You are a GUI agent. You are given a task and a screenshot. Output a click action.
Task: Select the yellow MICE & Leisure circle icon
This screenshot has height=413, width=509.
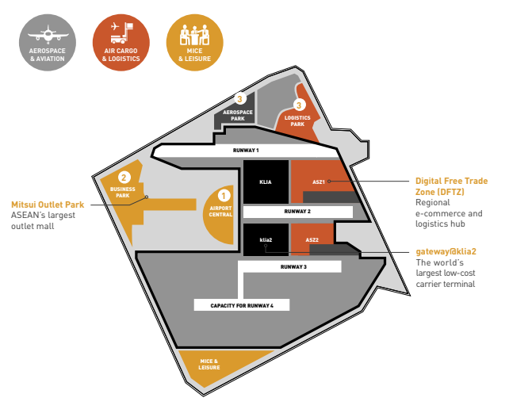[194, 43]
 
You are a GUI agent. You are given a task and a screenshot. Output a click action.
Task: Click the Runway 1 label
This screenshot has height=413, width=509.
[246, 149]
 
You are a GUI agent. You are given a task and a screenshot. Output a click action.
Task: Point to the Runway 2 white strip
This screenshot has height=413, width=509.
[297, 212]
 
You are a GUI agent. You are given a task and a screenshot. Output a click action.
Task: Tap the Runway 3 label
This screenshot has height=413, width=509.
[293, 267]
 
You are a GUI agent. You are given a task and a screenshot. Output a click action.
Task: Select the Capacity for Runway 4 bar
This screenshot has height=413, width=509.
[242, 304]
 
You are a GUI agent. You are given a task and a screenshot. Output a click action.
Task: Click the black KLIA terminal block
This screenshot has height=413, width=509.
[266, 182]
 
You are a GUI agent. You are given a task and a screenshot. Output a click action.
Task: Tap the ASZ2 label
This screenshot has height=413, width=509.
[312, 239]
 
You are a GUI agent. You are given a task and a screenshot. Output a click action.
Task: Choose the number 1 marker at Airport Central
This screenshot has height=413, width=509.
[224, 195]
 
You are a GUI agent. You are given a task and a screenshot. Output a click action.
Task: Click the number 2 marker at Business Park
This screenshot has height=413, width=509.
[124, 177]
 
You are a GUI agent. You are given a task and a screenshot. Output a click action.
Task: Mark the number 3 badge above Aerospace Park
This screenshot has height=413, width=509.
[240, 100]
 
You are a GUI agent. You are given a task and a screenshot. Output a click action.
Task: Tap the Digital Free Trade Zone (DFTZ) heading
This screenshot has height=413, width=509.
[451, 186]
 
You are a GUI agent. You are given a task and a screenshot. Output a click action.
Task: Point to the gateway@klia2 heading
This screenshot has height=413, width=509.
[451, 252]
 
